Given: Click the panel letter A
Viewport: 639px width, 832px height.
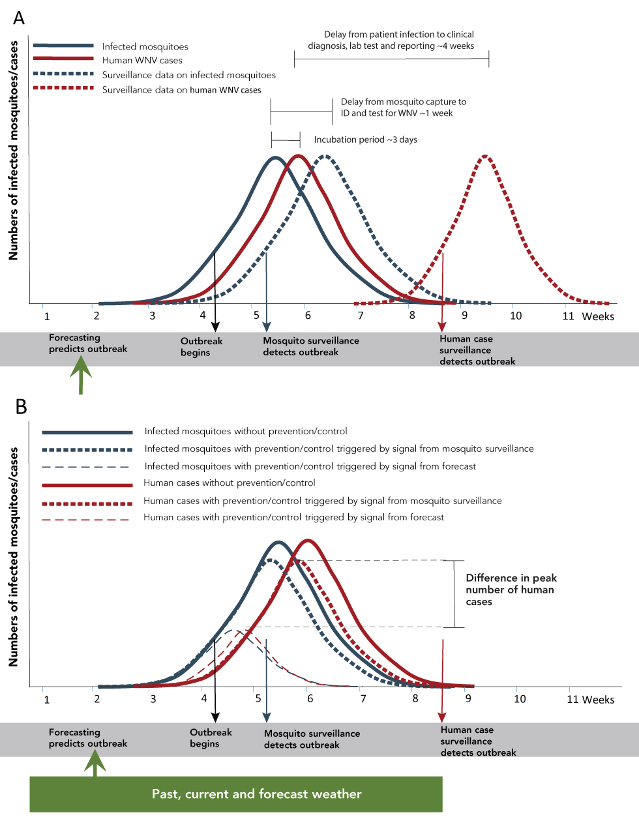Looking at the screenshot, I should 19,18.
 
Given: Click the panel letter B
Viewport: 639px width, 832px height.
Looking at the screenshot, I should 21,406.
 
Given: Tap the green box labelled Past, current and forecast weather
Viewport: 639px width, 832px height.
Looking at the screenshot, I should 236,794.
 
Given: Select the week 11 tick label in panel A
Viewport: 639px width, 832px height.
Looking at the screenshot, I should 569,316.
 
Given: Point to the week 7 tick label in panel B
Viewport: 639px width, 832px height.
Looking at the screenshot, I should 363,699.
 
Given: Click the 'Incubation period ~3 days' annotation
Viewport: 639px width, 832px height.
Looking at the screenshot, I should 365,140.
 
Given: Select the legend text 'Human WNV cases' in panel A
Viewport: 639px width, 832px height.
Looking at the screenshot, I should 142,61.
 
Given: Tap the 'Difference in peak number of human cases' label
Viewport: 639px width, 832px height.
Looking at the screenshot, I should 511,589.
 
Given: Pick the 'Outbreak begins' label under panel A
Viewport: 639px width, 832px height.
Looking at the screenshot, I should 201,347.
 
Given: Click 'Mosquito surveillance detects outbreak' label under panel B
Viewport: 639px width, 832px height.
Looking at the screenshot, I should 312,739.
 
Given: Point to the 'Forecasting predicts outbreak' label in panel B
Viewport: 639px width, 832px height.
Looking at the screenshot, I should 88,737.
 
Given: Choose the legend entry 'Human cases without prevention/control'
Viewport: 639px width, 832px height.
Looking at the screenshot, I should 229,483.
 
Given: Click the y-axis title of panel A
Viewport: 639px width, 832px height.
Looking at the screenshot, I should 14,151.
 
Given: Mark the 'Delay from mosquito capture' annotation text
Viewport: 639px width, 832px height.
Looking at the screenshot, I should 403,108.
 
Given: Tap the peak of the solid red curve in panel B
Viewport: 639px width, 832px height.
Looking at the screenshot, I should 308,541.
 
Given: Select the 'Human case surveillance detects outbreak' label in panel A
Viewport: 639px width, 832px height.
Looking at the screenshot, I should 477,350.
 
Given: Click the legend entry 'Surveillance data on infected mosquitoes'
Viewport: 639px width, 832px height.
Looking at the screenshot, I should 188,75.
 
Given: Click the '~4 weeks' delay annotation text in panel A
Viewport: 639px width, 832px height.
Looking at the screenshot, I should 391,40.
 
